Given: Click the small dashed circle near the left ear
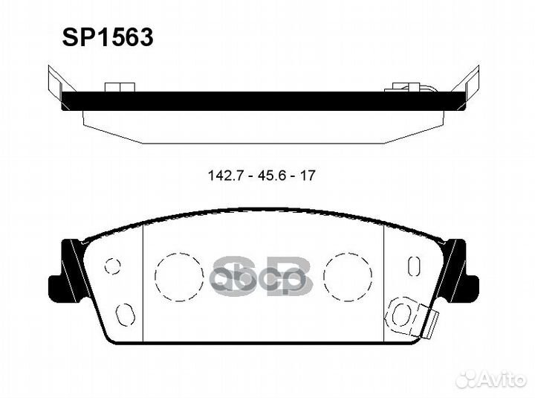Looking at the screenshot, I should coord(113,265).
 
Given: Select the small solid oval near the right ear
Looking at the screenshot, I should coord(414,265).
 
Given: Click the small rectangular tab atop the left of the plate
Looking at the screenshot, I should coord(115,87).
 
